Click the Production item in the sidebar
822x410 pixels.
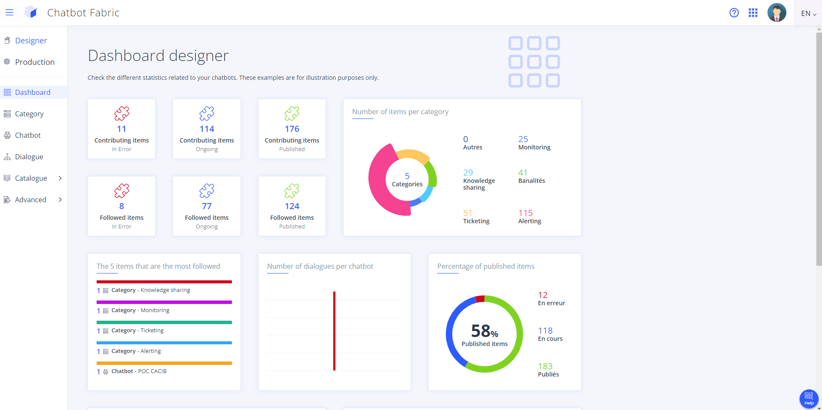tap(34, 62)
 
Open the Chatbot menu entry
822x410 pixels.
tap(27, 135)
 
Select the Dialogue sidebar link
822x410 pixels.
tap(29, 157)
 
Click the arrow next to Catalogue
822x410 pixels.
tap(60, 178)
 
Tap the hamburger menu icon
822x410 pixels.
tap(9, 13)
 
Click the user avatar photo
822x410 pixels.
tap(776, 13)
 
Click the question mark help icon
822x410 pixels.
tap(734, 13)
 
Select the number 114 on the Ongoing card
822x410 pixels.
tap(207, 129)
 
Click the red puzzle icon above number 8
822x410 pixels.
tap(122, 191)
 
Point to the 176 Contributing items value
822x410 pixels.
tap(292, 129)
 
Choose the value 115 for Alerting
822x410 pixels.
tap(525, 213)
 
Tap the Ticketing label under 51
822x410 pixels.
tap(476, 221)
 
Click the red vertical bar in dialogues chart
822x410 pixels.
tap(334, 331)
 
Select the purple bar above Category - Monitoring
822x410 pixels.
tap(164, 302)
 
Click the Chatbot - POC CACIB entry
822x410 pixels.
tap(139, 371)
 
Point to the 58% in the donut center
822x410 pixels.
tap(484, 331)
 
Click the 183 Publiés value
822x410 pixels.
tap(545, 366)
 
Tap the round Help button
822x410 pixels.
tap(809, 398)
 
